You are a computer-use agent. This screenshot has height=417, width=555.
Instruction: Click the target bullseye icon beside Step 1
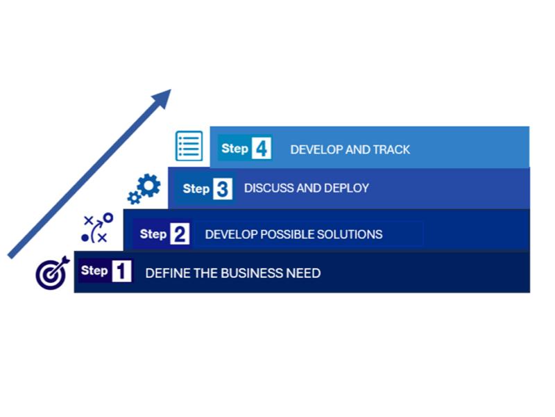pyautogui.click(x=51, y=273)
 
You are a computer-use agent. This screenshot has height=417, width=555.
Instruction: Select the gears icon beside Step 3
pyautogui.click(x=144, y=188)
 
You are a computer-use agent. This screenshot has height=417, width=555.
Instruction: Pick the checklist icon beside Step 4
pyautogui.click(x=189, y=146)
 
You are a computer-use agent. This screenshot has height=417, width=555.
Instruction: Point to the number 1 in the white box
pyautogui.click(x=121, y=271)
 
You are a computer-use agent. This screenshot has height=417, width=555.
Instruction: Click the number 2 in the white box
pyautogui.click(x=180, y=234)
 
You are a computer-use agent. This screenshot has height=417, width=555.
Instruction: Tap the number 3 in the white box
pyautogui.click(x=223, y=188)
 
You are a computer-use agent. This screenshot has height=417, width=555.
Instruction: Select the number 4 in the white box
pyautogui.click(x=261, y=149)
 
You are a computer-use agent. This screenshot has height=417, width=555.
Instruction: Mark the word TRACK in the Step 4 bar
pyautogui.click(x=392, y=149)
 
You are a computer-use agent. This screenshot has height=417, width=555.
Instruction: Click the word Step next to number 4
pyautogui.click(x=235, y=149)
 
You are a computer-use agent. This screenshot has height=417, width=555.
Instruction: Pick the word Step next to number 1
pyautogui.click(x=94, y=270)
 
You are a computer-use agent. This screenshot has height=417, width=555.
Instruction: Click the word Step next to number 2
pyautogui.click(x=153, y=234)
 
